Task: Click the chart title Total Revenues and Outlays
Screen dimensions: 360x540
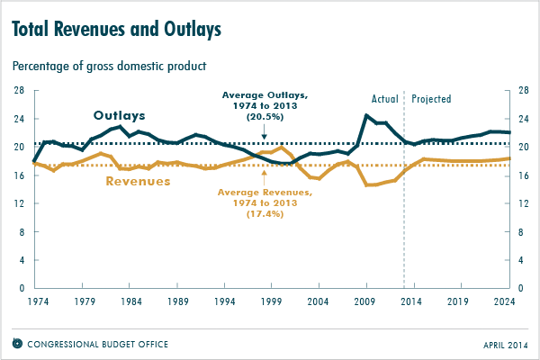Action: (x=116, y=30)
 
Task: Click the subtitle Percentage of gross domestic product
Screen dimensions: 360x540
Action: (x=109, y=66)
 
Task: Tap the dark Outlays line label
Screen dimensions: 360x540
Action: (x=120, y=115)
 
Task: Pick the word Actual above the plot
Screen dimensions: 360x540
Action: (x=384, y=99)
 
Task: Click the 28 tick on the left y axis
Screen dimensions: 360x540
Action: (x=18, y=90)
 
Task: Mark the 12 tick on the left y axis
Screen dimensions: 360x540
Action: (x=18, y=203)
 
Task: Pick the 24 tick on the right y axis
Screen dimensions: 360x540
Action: (x=524, y=119)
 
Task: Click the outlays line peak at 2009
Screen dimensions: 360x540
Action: (x=365, y=115)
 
